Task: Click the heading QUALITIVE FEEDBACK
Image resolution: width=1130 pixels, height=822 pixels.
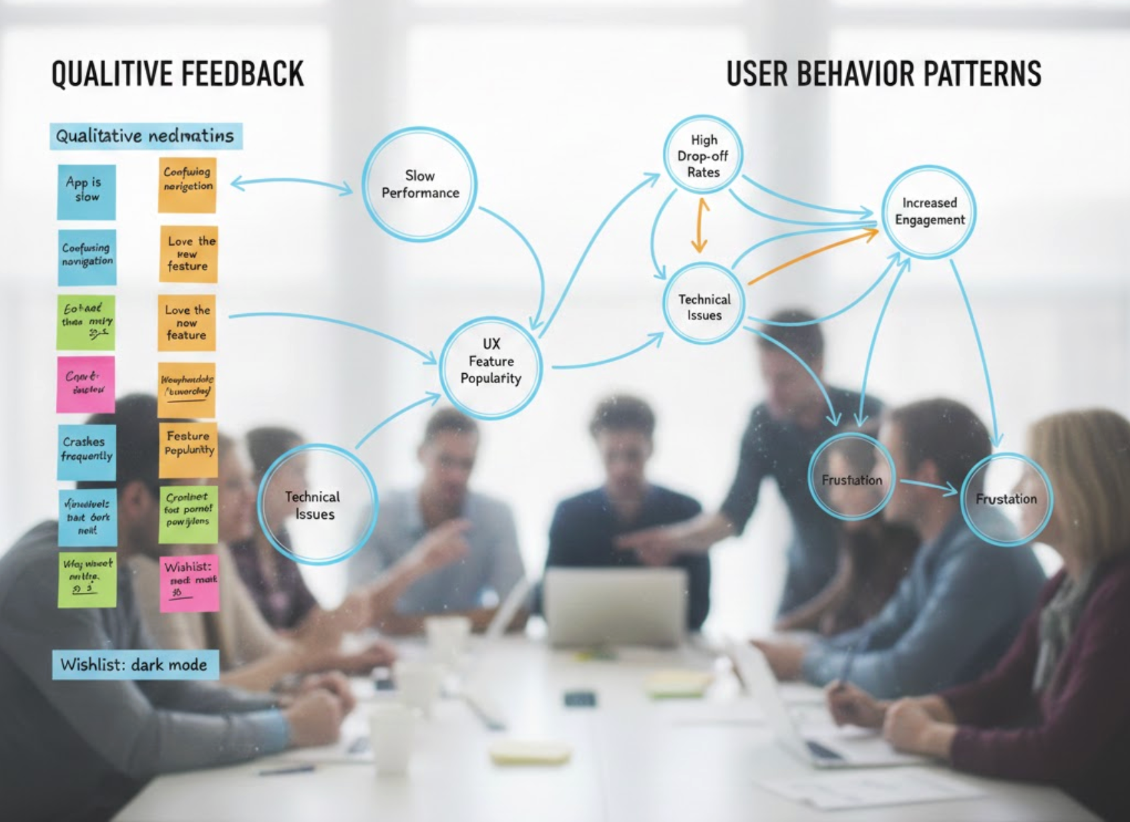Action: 178,73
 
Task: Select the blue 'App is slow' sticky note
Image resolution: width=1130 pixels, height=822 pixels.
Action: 86,192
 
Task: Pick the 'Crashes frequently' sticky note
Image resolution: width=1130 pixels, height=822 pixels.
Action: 87,451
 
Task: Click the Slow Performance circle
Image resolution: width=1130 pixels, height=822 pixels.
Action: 419,184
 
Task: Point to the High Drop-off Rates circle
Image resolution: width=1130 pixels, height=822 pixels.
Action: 703,156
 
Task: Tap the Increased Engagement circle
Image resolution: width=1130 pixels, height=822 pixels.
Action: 929,211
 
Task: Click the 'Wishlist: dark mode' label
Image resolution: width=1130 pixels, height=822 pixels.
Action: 135,664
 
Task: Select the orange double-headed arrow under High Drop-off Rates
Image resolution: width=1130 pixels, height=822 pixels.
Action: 700,226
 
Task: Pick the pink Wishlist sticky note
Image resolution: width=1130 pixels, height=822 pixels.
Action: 189,583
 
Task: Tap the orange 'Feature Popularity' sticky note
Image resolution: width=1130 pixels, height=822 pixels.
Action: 188,451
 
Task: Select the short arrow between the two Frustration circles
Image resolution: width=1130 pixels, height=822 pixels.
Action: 929,487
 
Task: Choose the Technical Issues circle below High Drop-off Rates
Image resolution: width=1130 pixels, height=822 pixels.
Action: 704,307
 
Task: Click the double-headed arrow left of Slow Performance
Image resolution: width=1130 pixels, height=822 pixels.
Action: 291,185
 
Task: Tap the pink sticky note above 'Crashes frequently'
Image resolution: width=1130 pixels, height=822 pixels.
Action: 86,384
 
